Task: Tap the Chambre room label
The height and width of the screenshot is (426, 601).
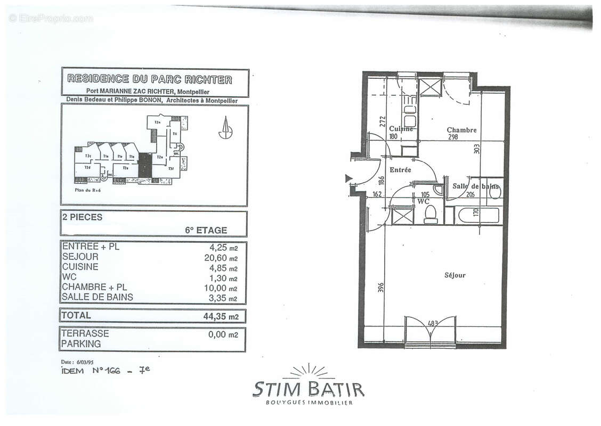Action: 461,130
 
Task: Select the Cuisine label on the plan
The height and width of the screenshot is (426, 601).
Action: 401,129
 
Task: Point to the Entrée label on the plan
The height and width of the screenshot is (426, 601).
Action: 400,170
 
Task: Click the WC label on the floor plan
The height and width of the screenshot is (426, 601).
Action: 424,202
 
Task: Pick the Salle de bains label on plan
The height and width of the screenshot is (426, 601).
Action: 476,186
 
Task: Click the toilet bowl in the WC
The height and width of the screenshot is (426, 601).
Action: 431,214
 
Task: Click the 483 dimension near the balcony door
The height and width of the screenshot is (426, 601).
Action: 433,323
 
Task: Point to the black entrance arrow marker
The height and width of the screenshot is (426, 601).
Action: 349,178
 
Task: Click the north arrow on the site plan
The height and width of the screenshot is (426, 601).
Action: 226,128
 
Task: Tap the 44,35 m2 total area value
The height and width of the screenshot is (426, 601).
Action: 221,316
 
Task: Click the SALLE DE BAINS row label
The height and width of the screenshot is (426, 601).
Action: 98,297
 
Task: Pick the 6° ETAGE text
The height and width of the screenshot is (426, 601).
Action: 206,231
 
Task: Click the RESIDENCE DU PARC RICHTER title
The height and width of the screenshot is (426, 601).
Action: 150,80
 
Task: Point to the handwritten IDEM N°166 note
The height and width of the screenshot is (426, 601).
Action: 105,371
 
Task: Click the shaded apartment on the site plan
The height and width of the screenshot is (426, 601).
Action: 144,165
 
